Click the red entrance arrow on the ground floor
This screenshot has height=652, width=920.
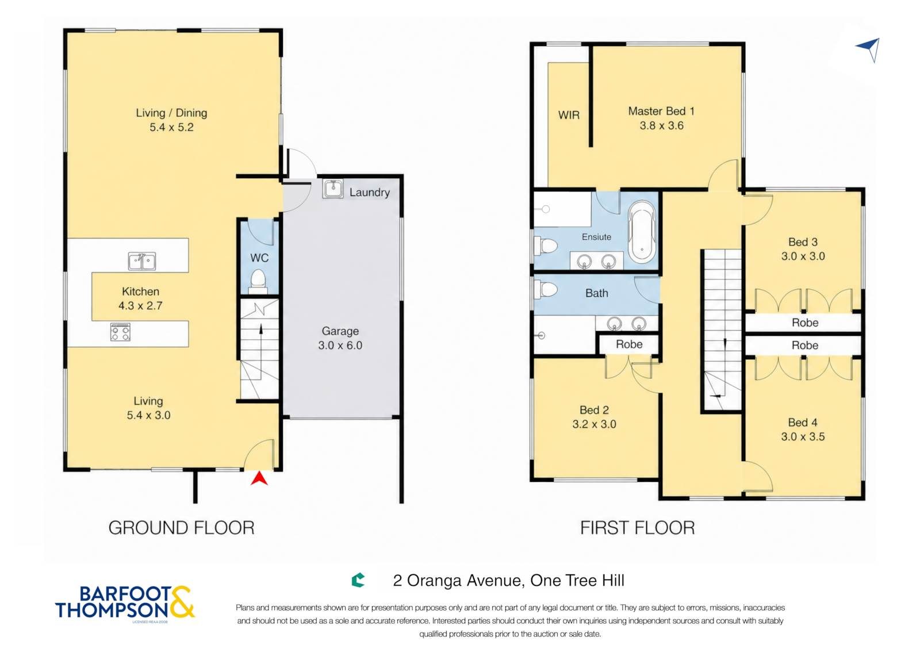click(259, 480)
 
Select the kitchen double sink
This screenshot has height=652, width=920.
click(141, 261)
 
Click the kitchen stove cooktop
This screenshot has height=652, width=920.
click(120, 332)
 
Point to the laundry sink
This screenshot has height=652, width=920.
click(333, 189)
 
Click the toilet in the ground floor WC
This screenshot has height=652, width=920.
click(258, 281)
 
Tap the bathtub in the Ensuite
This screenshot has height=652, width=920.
click(642, 232)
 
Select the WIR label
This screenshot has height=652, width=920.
click(569, 116)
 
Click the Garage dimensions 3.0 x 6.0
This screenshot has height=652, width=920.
click(340, 346)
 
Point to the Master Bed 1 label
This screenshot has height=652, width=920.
click(661, 112)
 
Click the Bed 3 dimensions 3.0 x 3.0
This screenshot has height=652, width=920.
click(803, 256)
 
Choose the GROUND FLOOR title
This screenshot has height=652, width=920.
click(182, 528)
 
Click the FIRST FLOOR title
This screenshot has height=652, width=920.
click(638, 528)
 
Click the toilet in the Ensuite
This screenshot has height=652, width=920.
click(546, 246)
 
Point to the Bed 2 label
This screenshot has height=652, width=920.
click(594, 410)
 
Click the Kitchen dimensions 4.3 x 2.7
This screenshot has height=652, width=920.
click(140, 306)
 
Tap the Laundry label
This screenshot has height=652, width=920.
click(370, 193)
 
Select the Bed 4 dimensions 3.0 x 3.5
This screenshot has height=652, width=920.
click(803, 436)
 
